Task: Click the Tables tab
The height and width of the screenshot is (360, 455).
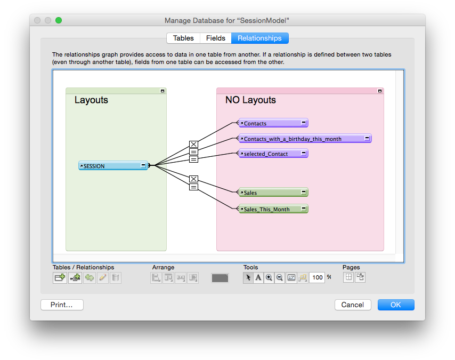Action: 183,38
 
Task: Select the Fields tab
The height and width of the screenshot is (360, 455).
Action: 216,38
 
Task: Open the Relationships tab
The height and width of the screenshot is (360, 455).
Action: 259,38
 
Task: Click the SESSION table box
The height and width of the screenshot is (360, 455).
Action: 113,166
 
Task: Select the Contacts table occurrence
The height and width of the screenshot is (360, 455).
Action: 273,123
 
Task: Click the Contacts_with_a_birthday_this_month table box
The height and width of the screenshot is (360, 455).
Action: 305,139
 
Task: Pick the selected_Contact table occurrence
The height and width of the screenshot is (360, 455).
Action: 273,154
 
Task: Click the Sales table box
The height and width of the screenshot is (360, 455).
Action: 273,193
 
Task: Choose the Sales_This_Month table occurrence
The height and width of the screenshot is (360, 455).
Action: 273,209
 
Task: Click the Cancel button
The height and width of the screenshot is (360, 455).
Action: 353,305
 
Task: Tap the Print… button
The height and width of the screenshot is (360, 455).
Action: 62,305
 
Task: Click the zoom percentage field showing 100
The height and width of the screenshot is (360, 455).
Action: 317,277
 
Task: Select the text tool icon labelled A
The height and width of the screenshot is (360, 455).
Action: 258,277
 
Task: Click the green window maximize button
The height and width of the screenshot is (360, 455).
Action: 59,20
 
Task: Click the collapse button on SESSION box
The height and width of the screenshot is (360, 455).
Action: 143,165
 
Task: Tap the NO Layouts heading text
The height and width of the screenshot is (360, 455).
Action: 250,100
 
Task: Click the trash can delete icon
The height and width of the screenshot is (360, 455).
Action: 116,277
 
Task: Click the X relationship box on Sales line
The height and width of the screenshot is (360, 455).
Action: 193,179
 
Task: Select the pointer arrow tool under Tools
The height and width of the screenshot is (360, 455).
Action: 248,277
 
